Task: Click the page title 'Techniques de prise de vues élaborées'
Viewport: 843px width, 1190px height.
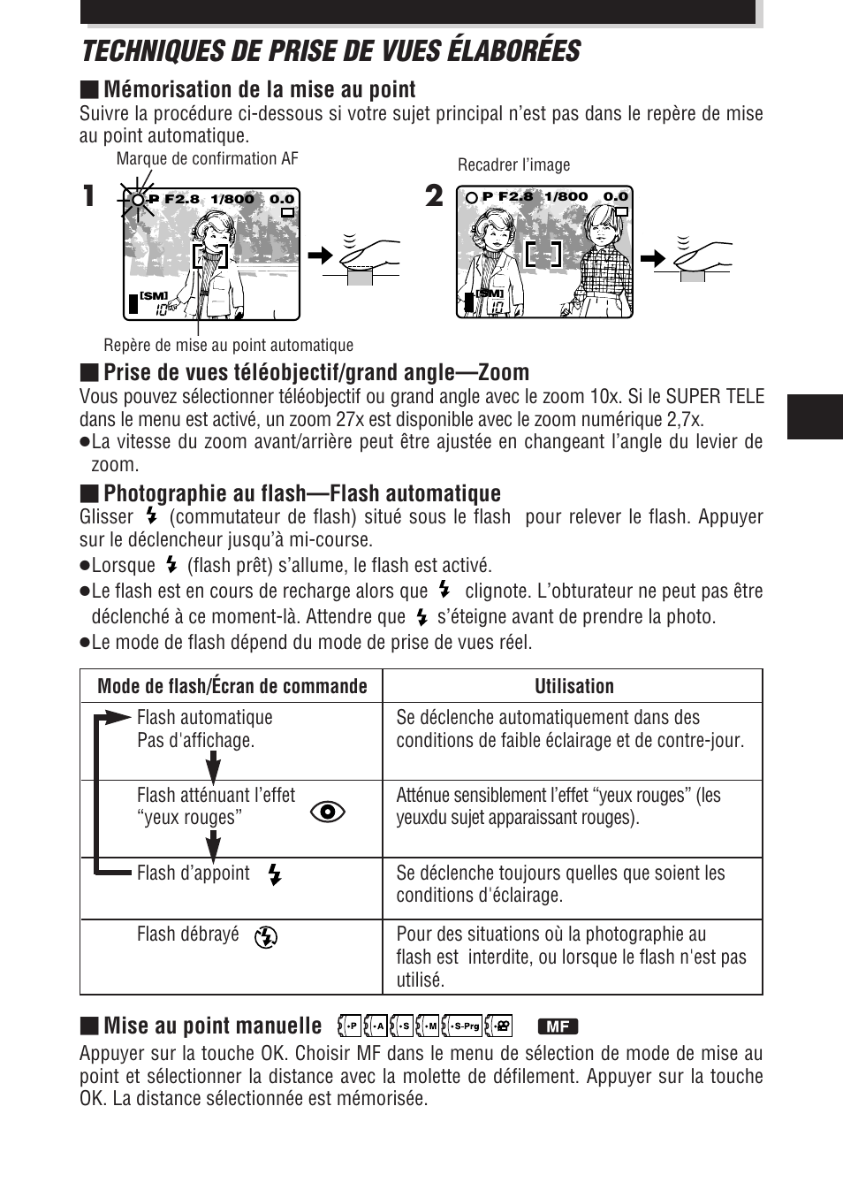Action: coord(330,51)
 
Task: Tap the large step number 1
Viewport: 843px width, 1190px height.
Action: coord(89,196)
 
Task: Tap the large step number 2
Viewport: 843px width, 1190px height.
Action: coord(434,196)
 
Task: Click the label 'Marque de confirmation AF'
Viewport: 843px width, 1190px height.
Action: coord(208,159)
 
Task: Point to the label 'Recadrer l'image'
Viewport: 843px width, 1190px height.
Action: coord(513,165)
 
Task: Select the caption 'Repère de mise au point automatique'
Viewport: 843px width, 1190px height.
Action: coord(228,346)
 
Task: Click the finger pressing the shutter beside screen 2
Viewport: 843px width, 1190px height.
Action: coord(702,257)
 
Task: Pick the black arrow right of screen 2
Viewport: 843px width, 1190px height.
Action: coord(652,259)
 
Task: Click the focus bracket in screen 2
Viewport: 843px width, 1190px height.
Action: coord(543,255)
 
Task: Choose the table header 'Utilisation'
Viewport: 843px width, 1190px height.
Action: coord(573,686)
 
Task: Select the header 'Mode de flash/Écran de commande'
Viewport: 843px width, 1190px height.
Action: coord(232,686)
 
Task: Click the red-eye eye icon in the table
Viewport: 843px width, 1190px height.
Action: coord(328,812)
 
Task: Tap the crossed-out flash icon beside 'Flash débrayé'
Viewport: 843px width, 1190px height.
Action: coord(265,937)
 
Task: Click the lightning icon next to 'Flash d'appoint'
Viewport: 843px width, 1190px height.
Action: coord(275,875)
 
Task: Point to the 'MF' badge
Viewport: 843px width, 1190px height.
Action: coord(558,1026)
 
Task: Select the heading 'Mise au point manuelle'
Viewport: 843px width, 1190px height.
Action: coord(212,1026)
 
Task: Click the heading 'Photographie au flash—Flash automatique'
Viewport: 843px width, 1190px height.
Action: coord(301,493)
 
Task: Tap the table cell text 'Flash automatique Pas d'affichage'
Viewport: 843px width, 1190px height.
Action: coord(204,729)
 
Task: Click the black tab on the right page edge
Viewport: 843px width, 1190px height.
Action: coord(814,416)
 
